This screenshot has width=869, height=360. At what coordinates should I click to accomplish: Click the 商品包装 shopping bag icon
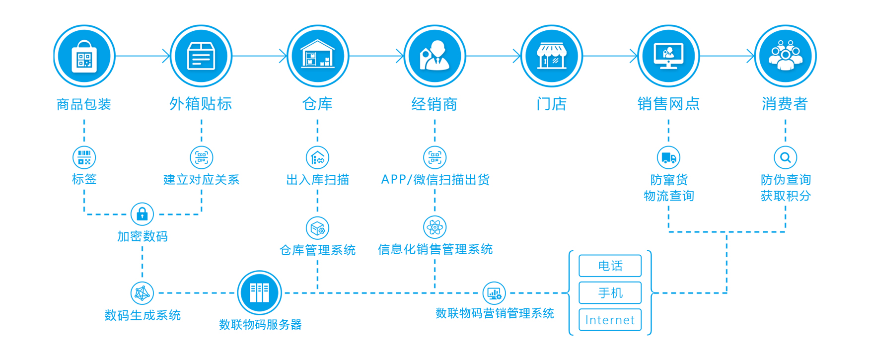click(84, 56)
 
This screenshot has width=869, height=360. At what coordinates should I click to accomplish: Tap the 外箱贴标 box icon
click(201, 56)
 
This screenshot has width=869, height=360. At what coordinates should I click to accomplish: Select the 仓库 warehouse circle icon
click(318, 56)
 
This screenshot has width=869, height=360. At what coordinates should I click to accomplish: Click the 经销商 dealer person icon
click(434, 56)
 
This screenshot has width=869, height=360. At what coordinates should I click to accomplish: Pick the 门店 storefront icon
click(552, 56)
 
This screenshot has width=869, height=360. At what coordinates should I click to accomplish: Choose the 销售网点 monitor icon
click(668, 56)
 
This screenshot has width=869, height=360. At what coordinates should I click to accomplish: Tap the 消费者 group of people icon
click(785, 56)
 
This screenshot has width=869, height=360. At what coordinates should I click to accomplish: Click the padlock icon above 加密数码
click(142, 214)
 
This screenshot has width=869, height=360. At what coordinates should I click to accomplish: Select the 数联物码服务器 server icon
click(259, 292)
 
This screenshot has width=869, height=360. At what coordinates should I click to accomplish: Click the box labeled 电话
click(610, 266)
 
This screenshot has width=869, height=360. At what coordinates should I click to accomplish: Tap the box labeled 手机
click(610, 293)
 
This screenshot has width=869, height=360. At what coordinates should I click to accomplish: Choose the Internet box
click(610, 320)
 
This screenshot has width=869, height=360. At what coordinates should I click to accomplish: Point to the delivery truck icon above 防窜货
click(668, 158)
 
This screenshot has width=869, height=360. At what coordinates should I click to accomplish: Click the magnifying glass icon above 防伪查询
click(785, 158)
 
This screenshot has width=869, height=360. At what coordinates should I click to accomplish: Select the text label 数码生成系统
click(143, 315)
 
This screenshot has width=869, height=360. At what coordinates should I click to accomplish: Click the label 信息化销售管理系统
click(435, 249)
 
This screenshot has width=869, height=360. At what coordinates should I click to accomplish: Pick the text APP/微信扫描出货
click(435, 180)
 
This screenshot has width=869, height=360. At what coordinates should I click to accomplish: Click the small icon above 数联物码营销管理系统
click(494, 293)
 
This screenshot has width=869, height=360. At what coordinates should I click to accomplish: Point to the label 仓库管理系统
click(318, 250)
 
